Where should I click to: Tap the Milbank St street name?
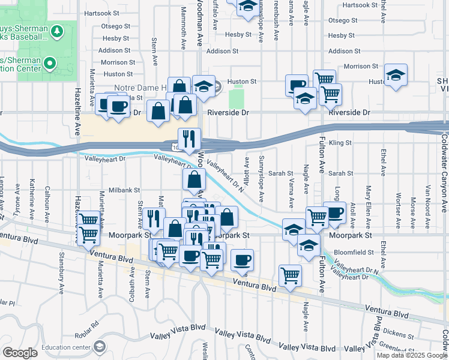(123, 190)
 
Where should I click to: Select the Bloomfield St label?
(354, 253)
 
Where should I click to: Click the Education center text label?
(65, 346)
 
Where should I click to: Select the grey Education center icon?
(99, 346)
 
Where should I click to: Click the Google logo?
(20, 353)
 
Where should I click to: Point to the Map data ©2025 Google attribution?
(412, 355)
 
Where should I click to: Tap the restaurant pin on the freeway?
(189, 139)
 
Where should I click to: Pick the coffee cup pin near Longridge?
(334, 212)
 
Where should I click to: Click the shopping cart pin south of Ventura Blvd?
(290, 275)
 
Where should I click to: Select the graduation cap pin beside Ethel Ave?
(396, 75)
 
